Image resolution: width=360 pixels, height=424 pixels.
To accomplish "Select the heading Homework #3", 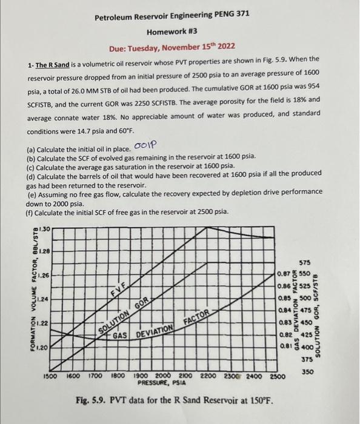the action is [x=174, y=32].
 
